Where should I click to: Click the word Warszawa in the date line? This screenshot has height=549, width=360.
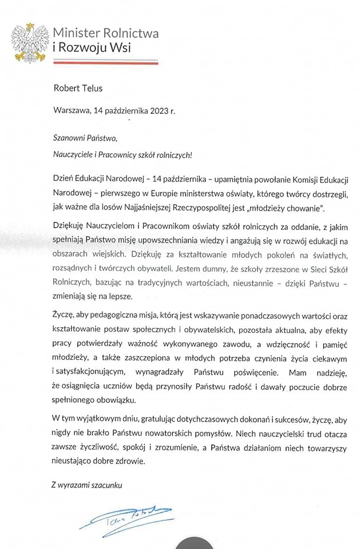(71, 112)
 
